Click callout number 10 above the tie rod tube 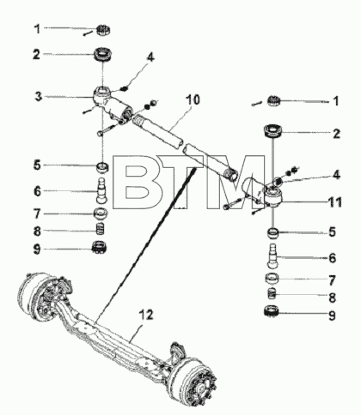coord(193,100)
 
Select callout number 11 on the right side coord(334,202)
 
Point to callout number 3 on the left coord(39,97)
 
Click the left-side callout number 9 coord(37,250)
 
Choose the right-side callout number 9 coord(332,316)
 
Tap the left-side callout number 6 coord(38,191)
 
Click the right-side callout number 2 coord(336,134)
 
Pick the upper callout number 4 coord(150,57)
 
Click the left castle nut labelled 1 coord(103,30)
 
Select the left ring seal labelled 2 coord(103,54)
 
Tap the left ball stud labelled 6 coord(101,191)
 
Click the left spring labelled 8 coord(100,229)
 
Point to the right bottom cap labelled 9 coord(272,311)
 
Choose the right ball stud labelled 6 coord(272,256)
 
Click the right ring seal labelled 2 coord(272,131)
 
